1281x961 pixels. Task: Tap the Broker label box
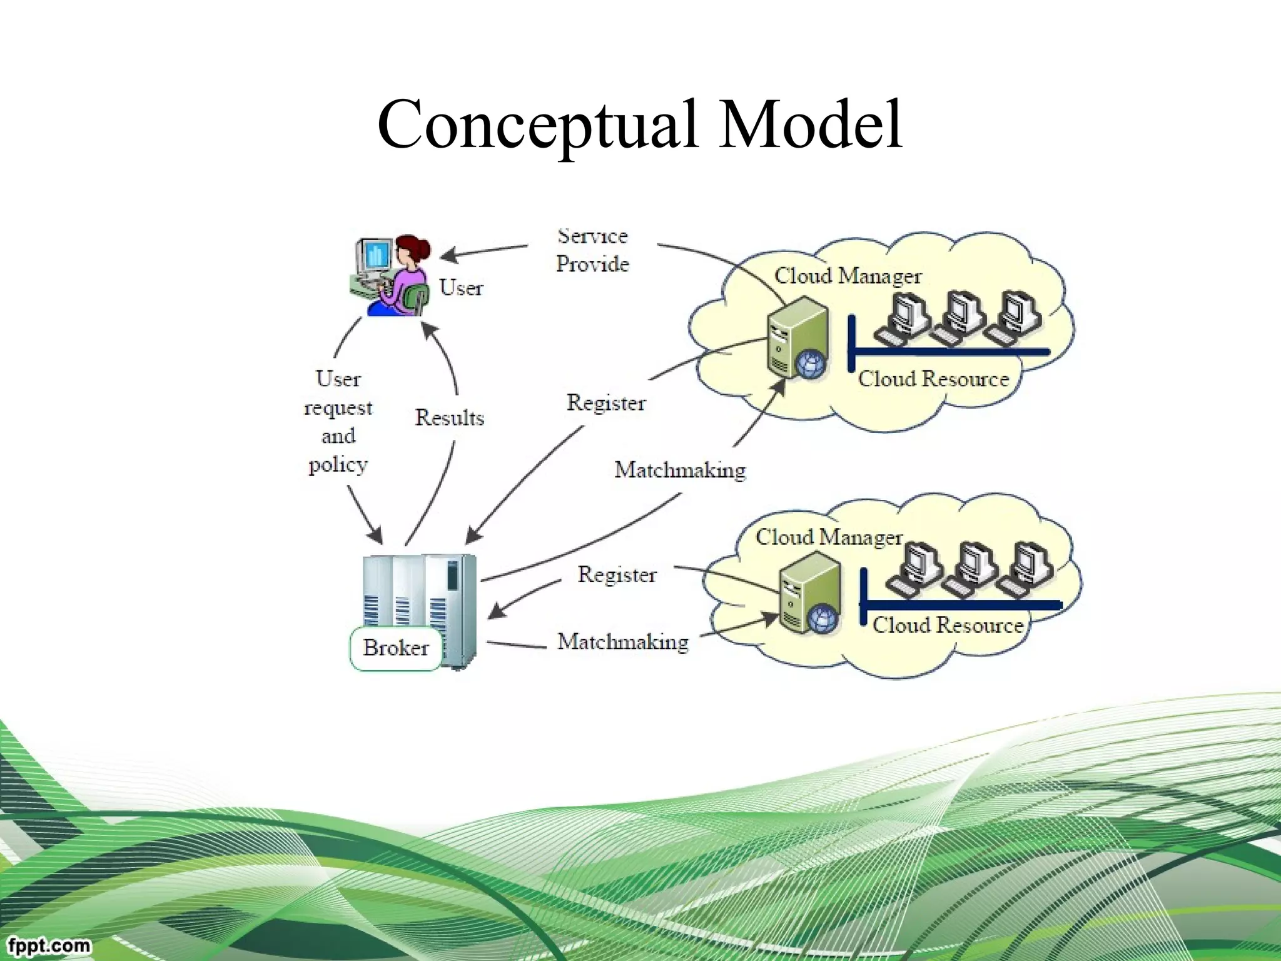click(x=395, y=648)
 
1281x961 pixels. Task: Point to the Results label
click(x=450, y=417)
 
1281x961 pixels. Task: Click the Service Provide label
click(x=592, y=250)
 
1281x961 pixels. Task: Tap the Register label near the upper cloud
click(x=605, y=402)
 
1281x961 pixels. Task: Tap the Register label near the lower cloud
click(x=617, y=574)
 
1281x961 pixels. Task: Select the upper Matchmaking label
click(x=680, y=470)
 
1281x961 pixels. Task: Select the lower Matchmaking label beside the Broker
click(x=623, y=641)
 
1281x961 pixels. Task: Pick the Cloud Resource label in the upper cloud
click(x=933, y=379)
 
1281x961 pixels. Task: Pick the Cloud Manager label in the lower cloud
click(x=829, y=537)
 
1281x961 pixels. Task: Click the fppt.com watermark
click(x=49, y=945)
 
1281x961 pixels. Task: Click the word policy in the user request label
click(x=338, y=465)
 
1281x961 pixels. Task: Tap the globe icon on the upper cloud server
click(x=811, y=363)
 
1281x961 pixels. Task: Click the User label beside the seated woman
click(x=461, y=288)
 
